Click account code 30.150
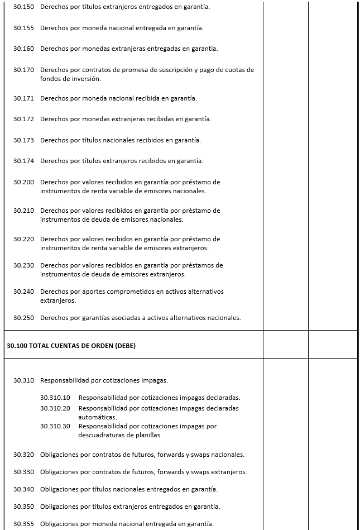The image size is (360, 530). point(23,7)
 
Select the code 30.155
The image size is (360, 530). point(23,27)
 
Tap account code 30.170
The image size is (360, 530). point(23,70)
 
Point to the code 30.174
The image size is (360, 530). point(23,161)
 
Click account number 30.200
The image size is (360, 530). point(23,182)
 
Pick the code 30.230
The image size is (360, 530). point(23,265)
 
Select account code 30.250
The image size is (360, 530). point(23,318)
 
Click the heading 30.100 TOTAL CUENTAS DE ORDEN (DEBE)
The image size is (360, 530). point(71,346)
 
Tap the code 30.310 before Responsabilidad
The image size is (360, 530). point(23,380)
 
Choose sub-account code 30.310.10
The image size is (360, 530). point(55,398)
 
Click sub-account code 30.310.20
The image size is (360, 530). point(55,408)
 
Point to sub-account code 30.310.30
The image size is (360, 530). point(55,426)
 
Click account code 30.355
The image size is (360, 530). point(23,524)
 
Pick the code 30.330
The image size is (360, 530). point(23,472)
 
